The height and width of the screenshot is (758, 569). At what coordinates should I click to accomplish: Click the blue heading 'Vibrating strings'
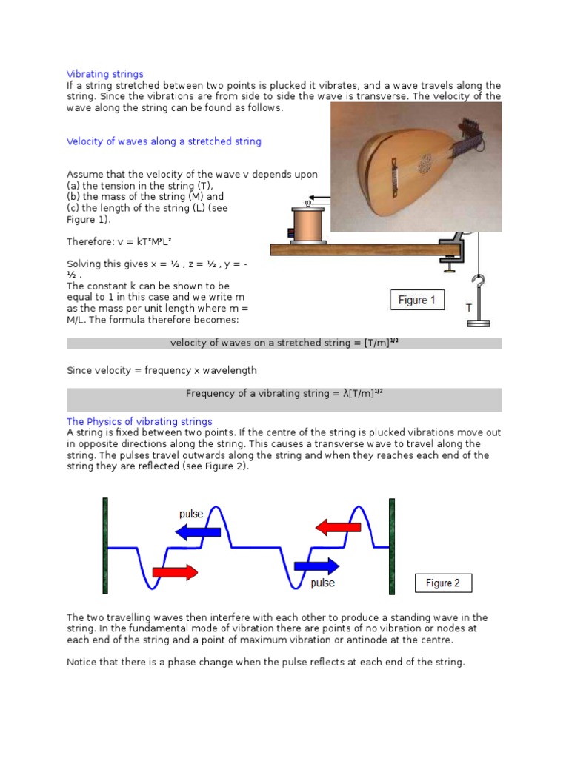[x=105, y=74]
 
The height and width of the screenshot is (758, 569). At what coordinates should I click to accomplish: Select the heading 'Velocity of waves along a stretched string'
[x=164, y=141]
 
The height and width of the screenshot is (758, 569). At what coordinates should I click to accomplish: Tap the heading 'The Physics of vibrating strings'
[x=139, y=422]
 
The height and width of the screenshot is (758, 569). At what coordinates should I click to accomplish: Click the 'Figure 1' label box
[x=417, y=301]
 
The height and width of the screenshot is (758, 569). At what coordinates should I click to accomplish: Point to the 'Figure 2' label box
[x=442, y=583]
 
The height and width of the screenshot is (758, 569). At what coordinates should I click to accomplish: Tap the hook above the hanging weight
[x=479, y=284]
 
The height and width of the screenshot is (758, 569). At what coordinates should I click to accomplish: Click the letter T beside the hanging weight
[x=467, y=308]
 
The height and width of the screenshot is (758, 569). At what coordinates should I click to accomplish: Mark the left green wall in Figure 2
[x=106, y=546]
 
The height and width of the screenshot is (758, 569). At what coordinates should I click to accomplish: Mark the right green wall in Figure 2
[x=392, y=546]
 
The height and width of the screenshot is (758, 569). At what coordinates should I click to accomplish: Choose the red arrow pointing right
[x=175, y=571]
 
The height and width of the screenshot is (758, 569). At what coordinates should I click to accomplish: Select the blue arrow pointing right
[x=316, y=566]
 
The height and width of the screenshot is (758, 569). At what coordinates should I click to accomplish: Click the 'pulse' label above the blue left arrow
[x=191, y=514]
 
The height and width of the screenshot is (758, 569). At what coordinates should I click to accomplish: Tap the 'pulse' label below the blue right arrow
[x=322, y=583]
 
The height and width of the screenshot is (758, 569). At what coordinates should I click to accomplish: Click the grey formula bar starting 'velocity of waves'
[x=284, y=343]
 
